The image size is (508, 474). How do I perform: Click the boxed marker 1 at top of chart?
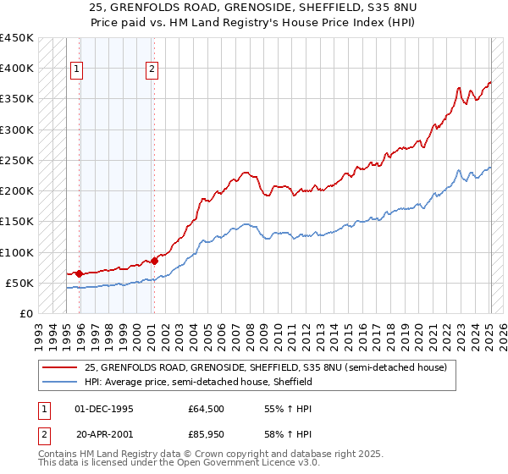[x=77, y=70]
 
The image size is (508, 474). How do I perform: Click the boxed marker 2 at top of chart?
[x=152, y=70]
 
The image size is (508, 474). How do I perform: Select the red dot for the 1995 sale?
[x=79, y=273]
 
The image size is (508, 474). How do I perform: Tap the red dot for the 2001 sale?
[x=155, y=261]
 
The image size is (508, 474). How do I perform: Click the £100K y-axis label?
[x=17, y=252]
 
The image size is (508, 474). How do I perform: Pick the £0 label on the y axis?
[x=26, y=313]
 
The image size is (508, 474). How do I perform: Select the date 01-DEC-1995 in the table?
[x=104, y=409]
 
